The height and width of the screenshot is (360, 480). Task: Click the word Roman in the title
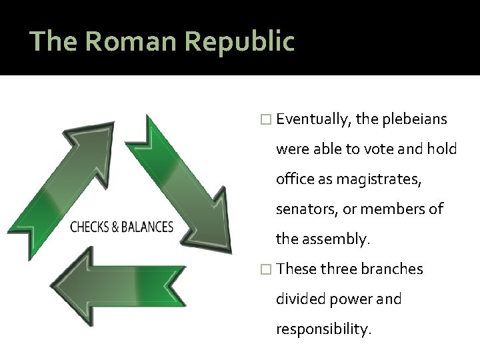(131, 41)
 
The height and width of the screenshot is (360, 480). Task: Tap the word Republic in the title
(239, 41)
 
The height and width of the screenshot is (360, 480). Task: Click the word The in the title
(54, 41)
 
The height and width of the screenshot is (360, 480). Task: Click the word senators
(307, 209)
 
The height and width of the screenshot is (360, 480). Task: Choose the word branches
(393, 269)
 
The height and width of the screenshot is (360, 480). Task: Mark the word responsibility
(323, 329)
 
